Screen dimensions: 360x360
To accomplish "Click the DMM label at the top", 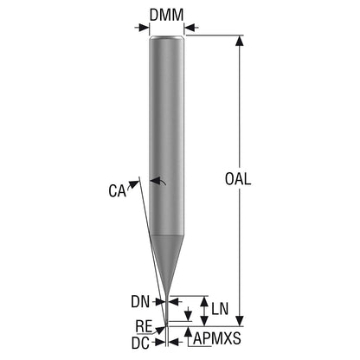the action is coord(166,15).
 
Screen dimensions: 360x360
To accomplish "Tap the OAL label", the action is coord(238,179).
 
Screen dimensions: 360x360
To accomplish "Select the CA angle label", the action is coord(118,190).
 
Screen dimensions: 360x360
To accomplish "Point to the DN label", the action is coord(140,302).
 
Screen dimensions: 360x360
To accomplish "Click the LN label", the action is coord(220,309).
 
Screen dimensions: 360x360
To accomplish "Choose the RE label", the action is coord(144,326).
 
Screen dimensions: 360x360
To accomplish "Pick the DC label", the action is coord(141,343).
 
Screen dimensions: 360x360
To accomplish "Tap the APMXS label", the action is coord(217,338).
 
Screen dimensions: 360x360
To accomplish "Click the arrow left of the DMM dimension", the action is coord(142,28).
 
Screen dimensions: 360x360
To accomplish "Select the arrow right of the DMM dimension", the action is coord(191,28).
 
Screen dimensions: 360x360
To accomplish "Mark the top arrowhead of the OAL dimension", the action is coord(239,41).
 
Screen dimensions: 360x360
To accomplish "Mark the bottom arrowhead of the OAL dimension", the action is coord(239,321).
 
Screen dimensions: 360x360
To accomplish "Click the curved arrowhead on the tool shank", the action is coord(156,181).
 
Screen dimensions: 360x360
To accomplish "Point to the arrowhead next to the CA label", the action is coord(133,184).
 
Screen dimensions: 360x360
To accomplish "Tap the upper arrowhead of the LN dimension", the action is coord(204,301).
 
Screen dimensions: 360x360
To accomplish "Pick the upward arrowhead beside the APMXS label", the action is coord(188,331).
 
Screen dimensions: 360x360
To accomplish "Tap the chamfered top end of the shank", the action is coord(167,37).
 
